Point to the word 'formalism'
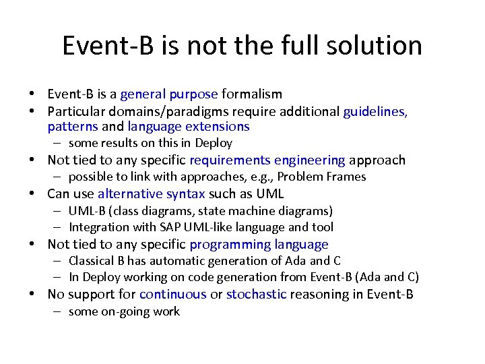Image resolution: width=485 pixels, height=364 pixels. point(252,94)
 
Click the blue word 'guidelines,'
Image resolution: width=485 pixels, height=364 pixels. point(375,111)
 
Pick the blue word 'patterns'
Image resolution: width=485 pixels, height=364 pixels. point(73,127)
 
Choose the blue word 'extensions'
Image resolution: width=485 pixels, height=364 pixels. point(216,127)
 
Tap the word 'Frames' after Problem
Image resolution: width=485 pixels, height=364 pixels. point(348,177)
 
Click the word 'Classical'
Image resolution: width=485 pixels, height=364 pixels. point(92,261)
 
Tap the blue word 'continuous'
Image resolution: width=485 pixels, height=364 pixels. point(172,294)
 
